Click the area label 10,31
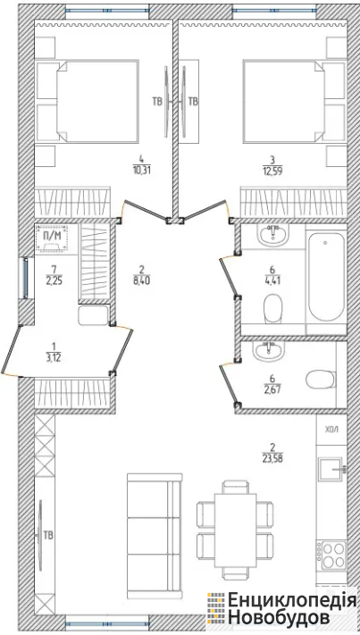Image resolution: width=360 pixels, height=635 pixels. (x=144, y=170)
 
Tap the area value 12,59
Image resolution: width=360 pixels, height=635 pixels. (x=272, y=171)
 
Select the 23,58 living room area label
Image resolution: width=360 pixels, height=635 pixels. (x=272, y=459)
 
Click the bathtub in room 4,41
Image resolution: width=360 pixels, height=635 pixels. (x=326, y=278)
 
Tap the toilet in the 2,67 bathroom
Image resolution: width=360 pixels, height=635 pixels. (x=320, y=380)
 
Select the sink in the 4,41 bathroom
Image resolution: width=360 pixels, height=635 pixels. (x=273, y=235)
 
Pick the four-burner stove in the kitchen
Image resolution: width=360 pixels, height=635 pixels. (x=332, y=556)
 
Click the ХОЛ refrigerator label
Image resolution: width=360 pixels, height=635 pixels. (x=331, y=430)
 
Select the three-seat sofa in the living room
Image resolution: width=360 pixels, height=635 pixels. (x=155, y=536)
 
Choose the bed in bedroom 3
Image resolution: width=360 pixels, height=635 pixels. (x=294, y=101)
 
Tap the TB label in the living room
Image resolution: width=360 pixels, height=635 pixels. (x=48, y=535)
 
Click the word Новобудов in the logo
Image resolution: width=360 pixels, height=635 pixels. (x=278, y=618)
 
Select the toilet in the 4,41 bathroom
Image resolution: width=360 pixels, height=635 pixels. (x=272, y=309)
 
